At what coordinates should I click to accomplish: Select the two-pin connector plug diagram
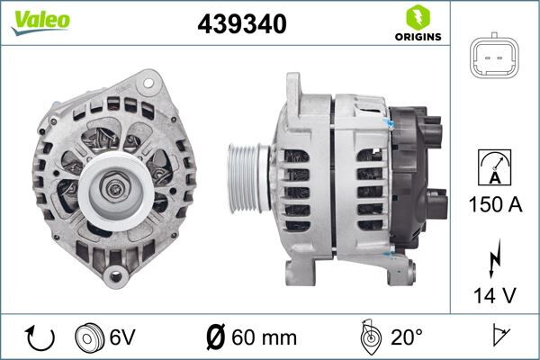pos(496,60)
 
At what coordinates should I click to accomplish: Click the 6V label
pos(124,339)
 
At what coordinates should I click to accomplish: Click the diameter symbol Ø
pos(215,339)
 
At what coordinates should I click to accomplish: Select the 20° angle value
pos(407,339)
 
